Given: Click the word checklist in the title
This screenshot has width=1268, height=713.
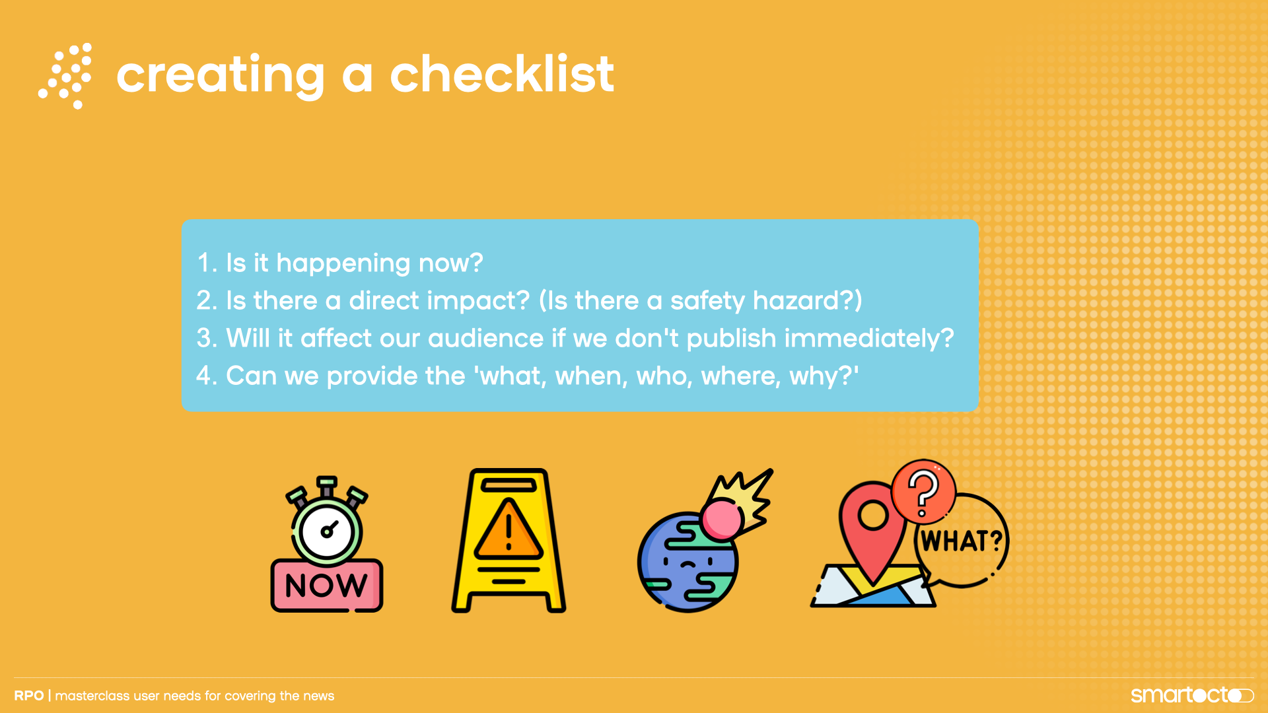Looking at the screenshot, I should (x=502, y=74).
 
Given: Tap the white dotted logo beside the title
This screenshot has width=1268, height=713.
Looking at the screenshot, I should (x=65, y=76).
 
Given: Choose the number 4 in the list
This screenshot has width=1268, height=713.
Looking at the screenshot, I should (x=204, y=376).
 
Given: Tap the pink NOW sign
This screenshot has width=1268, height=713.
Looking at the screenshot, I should (x=326, y=585).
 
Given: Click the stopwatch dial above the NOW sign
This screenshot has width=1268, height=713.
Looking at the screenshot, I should (x=327, y=530).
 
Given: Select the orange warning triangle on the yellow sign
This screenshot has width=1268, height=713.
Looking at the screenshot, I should (x=509, y=530).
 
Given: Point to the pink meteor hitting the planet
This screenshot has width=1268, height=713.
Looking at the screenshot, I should (x=722, y=520).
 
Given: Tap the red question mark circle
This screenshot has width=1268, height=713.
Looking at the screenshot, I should (x=923, y=491).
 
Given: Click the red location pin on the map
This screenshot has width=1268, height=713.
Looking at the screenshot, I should (x=872, y=528).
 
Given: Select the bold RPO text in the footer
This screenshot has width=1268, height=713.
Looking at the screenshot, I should (x=29, y=696).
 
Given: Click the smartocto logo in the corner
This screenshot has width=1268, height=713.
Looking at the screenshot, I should (x=1191, y=695).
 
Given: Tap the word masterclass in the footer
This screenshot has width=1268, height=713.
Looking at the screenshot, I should (x=92, y=696).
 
